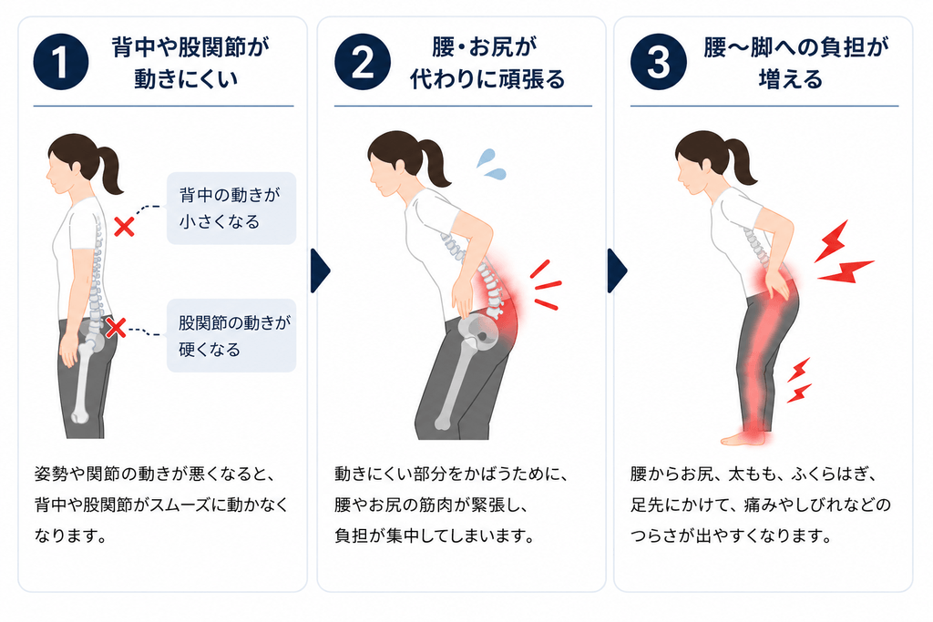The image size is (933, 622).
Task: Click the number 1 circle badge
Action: (x=61, y=62)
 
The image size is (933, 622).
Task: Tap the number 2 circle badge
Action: (x=363, y=62)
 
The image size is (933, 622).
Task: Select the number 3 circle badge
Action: (x=658, y=62)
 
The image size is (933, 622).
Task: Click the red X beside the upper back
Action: (x=124, y=227)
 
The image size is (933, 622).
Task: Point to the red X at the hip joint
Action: (x=116, y=328)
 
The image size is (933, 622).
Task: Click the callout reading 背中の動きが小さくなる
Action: (x=231, y=209)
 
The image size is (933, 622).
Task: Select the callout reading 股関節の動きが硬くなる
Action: (x=231, y=335)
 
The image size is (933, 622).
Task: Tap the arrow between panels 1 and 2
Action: (x=320, y=271)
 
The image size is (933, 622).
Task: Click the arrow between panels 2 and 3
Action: (x=617, y=271)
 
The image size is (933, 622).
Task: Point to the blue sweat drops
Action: (x=491, y=164)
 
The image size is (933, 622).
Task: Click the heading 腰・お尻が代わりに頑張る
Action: (x=487, y=63)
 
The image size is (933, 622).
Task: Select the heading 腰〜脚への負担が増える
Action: (x=795, y=63)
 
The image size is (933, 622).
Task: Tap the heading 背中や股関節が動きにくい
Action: (x=190, y=63)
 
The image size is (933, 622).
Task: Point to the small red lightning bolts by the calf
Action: (x=799, y=380)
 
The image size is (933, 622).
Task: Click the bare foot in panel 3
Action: (x=743, y=439)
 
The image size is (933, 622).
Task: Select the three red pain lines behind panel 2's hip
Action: (x=546, y=285)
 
